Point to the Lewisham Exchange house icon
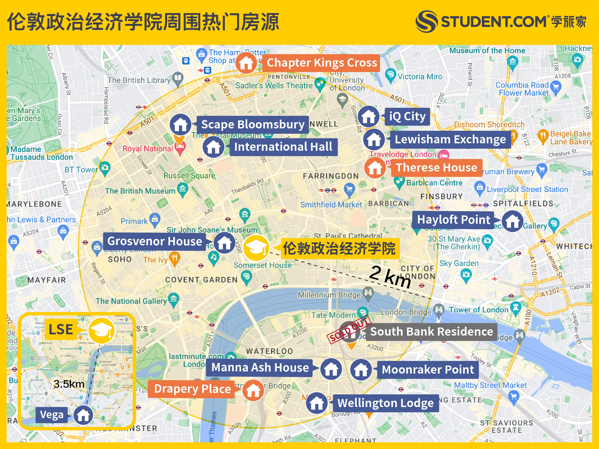[374, 139]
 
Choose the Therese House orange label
[437, 168]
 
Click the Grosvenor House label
[155, 241]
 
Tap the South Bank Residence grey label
[432, 331]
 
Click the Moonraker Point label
[428, 369]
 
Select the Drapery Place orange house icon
[253, 390]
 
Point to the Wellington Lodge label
[386, 403]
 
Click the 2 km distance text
[390, 276]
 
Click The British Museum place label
[140, 191]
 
